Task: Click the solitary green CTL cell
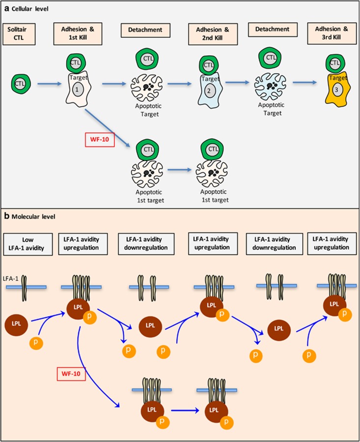20,84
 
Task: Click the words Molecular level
32,215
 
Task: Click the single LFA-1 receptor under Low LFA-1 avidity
27,286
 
